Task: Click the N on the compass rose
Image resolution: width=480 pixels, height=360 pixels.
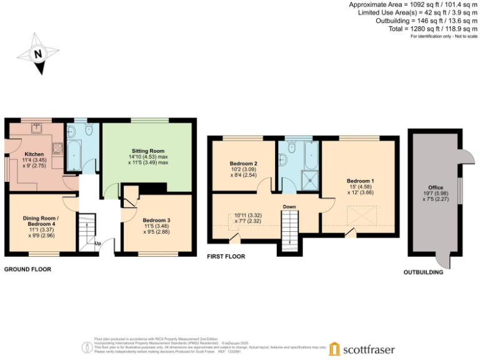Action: tap(38, 54)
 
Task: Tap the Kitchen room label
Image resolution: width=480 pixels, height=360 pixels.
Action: tap(34, 154)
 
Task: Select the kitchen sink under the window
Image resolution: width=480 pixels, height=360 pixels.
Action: tap(37, 128)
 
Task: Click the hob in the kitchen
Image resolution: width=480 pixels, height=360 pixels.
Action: tap(56, 148)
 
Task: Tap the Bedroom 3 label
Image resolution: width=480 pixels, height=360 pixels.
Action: tap(157, 221)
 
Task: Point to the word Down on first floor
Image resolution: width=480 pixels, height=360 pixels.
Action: tap(289, 207)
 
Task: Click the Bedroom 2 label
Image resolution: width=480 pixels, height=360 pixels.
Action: tap(244, 164)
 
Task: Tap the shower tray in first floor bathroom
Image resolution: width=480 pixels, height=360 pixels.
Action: tap(309, 181)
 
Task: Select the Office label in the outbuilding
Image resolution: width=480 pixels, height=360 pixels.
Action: tap(435, 187)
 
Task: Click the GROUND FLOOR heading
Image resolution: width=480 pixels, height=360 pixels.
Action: tap(27, 269)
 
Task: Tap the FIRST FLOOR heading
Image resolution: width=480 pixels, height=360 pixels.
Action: tap(226, 256)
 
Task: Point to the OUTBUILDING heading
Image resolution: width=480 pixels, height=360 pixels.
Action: tap(422, 272)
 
